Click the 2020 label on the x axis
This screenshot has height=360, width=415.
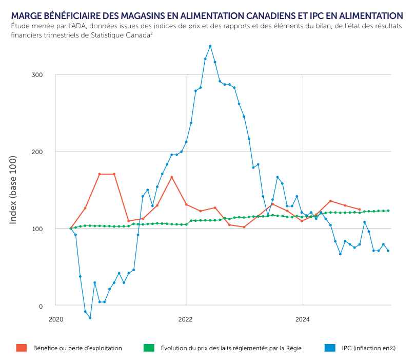(55, 319)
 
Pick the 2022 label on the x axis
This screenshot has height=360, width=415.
(185, 319)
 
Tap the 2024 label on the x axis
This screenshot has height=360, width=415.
(303, 319)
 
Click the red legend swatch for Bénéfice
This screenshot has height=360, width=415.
(22, 348)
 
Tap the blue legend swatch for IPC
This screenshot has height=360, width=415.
(330, 348)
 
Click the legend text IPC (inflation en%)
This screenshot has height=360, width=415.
(369, 348)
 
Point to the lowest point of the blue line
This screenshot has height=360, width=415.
(90, 318)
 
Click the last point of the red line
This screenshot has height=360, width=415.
(360, 210)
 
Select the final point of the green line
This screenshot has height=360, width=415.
(388, 211)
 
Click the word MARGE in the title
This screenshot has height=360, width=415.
(25, 16)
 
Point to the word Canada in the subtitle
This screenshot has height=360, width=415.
(135, 35)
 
